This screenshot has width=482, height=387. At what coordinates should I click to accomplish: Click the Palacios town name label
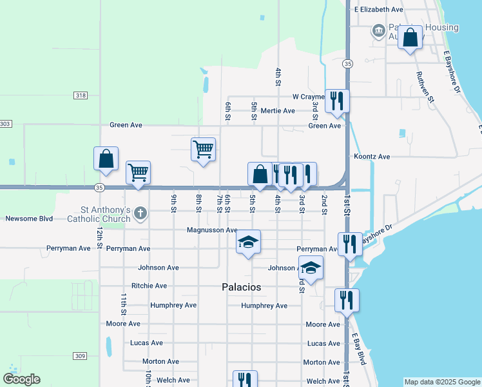(242, 287)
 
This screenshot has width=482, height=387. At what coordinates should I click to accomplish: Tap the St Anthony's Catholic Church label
(106, 214)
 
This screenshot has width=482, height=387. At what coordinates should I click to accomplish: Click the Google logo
(21, 379)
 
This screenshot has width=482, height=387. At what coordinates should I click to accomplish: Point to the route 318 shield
(81, 95)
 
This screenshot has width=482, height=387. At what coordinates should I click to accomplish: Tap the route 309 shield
(80, 356)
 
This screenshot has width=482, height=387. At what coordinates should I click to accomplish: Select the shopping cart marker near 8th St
(203, 149)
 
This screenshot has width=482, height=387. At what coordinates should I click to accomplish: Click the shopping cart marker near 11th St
(138, 172)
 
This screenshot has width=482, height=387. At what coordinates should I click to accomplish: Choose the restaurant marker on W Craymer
(337, 101)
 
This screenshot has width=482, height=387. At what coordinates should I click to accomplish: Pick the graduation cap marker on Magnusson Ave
(248, 242)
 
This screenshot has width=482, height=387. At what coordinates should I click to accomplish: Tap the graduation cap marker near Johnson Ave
(311, 268)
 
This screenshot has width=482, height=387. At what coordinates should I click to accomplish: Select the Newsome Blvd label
(29, 219)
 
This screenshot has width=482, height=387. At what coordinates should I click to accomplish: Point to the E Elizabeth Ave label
(379, 10)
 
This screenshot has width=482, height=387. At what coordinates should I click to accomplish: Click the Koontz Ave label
(372, 157)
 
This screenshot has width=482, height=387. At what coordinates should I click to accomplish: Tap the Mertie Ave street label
(278, 111)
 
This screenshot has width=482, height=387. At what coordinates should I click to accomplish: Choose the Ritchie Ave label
(149, 286)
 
